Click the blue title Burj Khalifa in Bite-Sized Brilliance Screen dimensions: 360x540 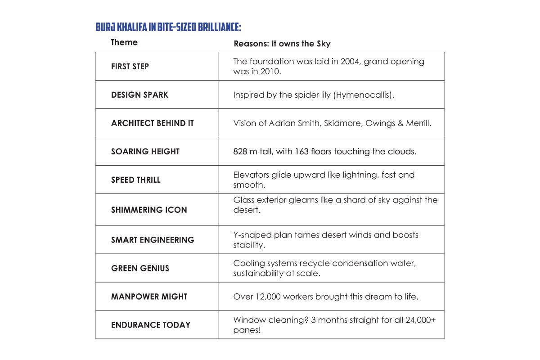click(168, 27)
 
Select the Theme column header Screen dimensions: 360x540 click(124, 42)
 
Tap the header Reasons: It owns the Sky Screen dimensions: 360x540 click(282, 44)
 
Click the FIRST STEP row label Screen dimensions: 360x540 click(130, 67)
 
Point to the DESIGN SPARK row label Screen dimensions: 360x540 click(139, 95)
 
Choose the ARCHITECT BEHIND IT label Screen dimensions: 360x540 click(152, 123)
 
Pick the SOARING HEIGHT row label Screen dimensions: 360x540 click(145, 152)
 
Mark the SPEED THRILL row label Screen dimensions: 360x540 click(135, 180)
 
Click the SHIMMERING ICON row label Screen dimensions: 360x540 click(149, 210)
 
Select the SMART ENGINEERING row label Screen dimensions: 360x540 click(153, 240)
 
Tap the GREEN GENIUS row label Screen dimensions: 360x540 click(140, 268)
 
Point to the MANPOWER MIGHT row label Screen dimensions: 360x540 click(149, 297)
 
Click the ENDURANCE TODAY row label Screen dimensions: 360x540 click(151, 325)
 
